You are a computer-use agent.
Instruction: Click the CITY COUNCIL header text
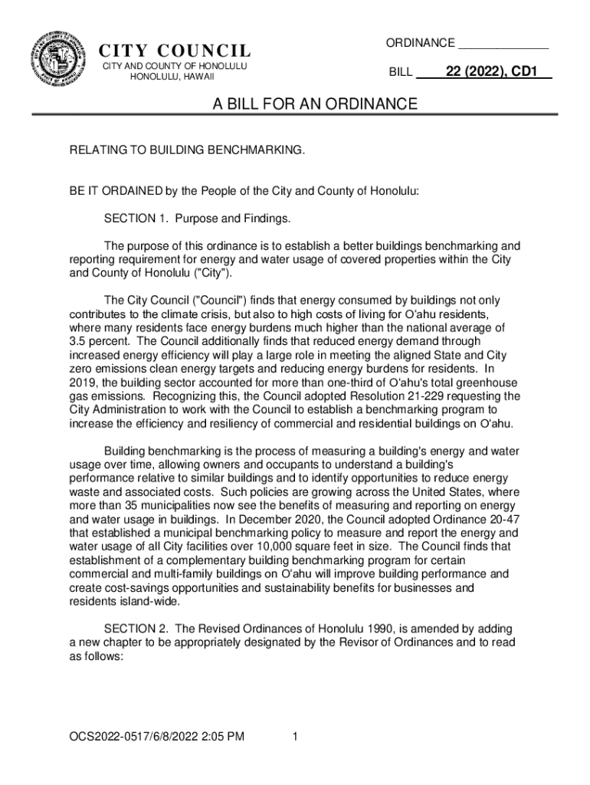175,52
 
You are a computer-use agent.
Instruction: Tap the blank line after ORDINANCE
503,43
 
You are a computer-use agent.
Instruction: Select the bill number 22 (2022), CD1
492,74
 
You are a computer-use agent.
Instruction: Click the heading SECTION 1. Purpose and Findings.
198,219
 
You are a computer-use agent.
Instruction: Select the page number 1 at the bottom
294,737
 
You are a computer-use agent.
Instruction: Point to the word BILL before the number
401,74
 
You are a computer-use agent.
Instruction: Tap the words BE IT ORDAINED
115,192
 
